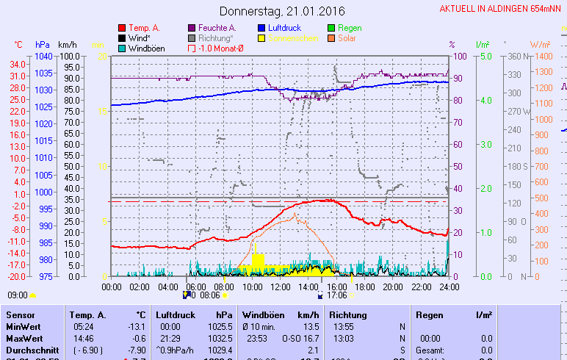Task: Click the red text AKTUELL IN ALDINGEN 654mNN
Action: [x=502, y=9]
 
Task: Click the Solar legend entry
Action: [x=347, y=37]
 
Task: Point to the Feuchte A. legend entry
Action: [x=217, y=28]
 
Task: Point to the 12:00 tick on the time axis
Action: [x=280, y=287]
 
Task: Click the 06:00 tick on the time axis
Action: [x=195, y=287]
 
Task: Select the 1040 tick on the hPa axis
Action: [x=43, y=56]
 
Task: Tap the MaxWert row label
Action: [x=24, y=338]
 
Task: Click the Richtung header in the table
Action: [x=348, y=314]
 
